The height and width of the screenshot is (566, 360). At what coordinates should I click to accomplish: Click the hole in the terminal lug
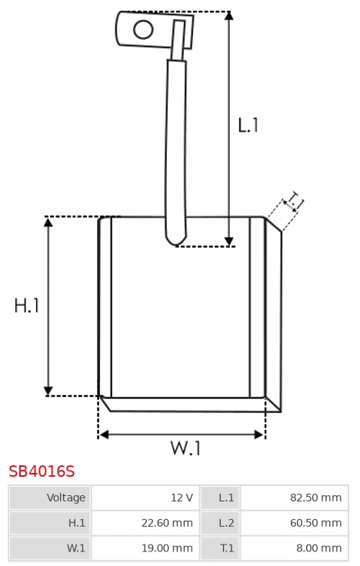pos(143,29)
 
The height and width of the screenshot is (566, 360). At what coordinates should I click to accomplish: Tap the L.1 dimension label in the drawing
pos(248,125)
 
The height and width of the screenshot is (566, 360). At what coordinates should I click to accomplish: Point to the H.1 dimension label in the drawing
pos(26,305)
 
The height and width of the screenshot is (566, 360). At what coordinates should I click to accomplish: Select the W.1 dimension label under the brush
pos(185,448)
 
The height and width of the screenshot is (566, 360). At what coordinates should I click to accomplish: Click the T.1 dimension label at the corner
pos(293,201)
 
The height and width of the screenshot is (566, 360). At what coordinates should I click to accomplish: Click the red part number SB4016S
pos(42,471)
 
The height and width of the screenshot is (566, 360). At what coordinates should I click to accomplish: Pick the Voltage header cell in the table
pos(50,498)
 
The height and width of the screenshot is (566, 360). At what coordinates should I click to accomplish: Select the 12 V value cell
pos(145,498)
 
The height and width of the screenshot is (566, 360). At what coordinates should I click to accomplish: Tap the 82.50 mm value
pos(315,498)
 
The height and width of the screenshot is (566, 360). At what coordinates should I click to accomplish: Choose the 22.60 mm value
pos(167,523)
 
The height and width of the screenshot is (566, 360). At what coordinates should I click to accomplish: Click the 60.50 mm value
pos(315,523)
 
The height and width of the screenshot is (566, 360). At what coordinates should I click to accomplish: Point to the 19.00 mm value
pos(167,548)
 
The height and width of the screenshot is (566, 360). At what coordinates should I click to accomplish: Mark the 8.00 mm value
pos(318,548)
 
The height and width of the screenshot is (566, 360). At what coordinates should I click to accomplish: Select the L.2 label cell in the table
pos(220,523)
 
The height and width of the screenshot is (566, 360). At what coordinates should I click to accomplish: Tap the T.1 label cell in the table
pos(220,548)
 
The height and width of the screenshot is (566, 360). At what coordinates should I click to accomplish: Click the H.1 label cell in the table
pos(50,523)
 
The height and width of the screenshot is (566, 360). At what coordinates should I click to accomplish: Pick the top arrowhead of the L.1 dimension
pos(228,16)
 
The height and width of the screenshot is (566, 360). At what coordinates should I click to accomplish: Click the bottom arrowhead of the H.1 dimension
pos(48,391)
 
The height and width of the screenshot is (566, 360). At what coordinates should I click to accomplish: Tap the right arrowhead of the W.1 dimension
pos(259,434)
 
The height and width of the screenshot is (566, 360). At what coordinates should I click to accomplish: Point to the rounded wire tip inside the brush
pos(176,239)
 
